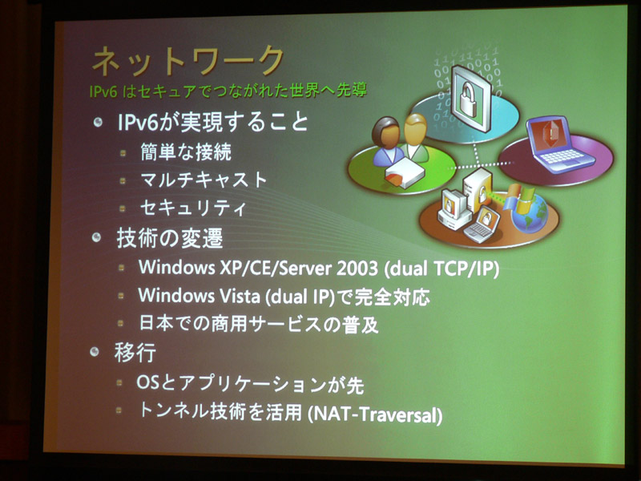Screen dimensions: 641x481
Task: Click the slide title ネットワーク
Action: pyautogui.click(x=188, y=61)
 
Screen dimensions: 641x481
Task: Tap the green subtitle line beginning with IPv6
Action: pyautogui.click(x=228, y=91)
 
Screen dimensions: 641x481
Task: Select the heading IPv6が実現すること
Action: pyautogui.click(x=213, y=122)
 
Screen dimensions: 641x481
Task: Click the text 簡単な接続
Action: pyautogui.click(x=186, y=152)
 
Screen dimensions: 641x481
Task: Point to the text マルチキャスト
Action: pyautogui.click(x=204, y=180)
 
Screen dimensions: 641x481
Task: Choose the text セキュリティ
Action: pyautogui.click(x=193, y=208)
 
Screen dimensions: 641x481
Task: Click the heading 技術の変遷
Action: pyautogui.click(x=170, y=237)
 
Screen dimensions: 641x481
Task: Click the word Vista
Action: pyautogui.click(x=238, y=296)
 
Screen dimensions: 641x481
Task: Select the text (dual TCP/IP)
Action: pyautogui.click(x=442, y=269)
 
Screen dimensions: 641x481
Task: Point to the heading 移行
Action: pyautogui.click(x=135, y=353)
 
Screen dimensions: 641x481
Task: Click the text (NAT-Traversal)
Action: pyautogui.click(x=375, y=414)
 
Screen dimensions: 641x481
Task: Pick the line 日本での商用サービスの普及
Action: pyautogui.click(x=259, y=324)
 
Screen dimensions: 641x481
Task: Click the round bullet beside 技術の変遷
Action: pyautogui.click(x=96, y=237)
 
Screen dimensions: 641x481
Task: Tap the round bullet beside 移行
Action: pyautogui.click(x=95, y=352)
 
